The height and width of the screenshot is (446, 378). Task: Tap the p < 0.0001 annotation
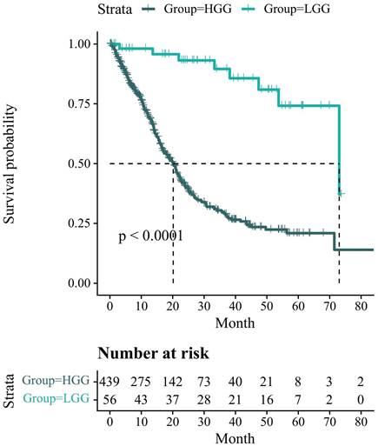(x=150, y=236)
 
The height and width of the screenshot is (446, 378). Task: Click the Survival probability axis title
(x=12, y=163)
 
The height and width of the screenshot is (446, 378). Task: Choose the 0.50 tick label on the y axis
(x=81, y=163)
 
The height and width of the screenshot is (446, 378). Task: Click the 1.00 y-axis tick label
(x=81, y=43)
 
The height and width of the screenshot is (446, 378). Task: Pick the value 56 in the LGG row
(x=109, y=397)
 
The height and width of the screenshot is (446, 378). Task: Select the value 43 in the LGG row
(x=141, y=397)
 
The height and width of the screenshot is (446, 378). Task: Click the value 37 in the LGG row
(x=173, y=397)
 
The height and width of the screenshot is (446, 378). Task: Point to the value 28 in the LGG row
(x=204, y=397)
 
